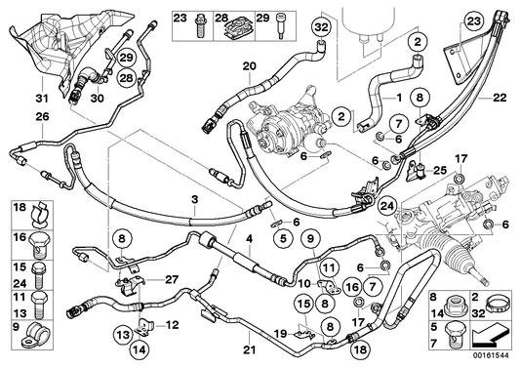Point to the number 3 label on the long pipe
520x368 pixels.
195,200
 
